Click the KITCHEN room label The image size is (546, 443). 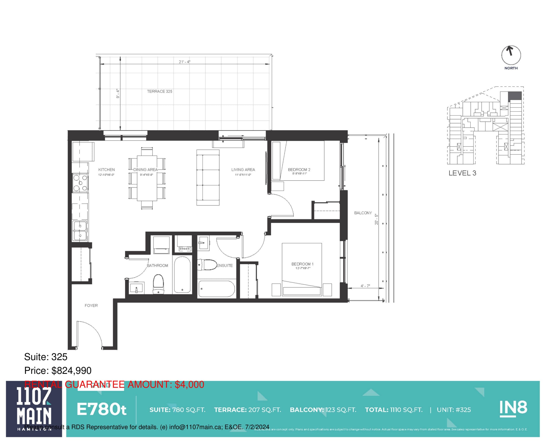click(x=106, y=170)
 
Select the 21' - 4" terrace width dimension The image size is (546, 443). click(x=184, y=62)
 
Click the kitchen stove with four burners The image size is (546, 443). click(x=80, y=183)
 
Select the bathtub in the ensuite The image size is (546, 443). click(x=216, y=289)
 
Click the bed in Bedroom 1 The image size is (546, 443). click(x=302, y=269)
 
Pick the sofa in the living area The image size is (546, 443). click(x=208, y=178)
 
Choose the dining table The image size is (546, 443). click(x=147, y=178)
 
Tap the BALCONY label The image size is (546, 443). click(x=363, y=213)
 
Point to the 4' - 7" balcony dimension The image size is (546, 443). click(x=365, y=286)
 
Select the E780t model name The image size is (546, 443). click(x=102, y=409)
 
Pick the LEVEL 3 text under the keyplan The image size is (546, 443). click(x=462, y=173)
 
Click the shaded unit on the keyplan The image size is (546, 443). click(x=515, y=96)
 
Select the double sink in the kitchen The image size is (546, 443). click(x=80, y=231)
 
